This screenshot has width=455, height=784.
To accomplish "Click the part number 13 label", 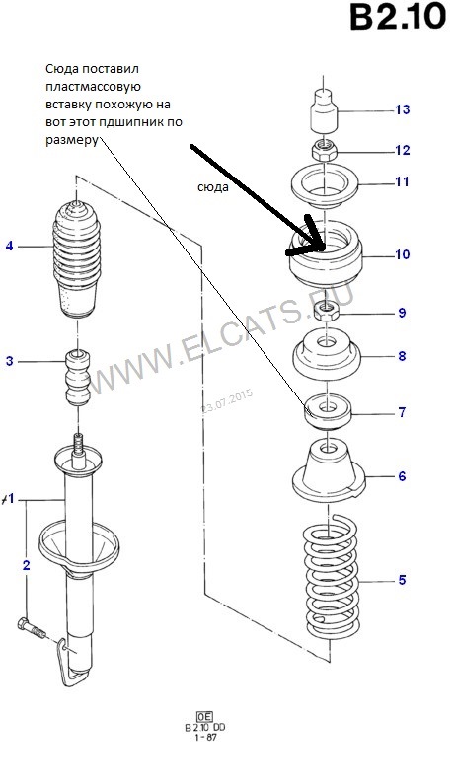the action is point(402,109).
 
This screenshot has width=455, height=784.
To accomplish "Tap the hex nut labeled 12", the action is point(325,150).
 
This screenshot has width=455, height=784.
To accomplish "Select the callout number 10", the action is point(402,254).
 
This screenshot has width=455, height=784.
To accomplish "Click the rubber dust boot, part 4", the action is point(77,259).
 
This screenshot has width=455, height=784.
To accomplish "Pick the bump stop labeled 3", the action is point(78,377).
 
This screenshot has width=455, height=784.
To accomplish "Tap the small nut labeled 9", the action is point(326,313).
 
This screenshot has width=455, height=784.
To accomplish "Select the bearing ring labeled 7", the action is point(328,411).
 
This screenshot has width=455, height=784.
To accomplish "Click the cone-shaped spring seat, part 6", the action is point(329,471).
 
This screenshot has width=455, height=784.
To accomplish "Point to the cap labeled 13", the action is point(324,111).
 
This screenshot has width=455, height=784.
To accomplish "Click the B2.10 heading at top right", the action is point(398,17).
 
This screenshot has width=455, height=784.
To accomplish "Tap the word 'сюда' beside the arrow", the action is point(213,187).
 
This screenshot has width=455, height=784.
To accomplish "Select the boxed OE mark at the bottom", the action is point(204,716).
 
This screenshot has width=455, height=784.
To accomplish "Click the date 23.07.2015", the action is point(227,401).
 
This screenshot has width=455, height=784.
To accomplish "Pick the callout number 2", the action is point(26,565).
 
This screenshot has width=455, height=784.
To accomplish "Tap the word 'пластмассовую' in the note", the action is point(93,87).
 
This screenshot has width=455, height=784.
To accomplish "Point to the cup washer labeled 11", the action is point(326,188).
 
